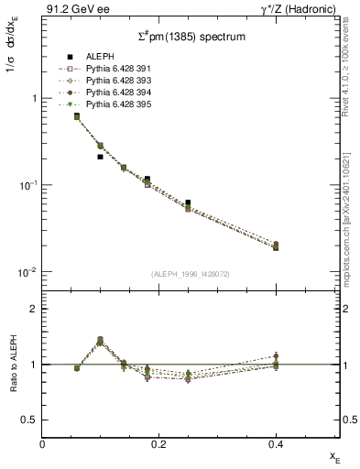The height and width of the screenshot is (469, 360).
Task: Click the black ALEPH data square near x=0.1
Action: point(101,157)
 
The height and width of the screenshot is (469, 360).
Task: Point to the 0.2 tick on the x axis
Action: point(158,444)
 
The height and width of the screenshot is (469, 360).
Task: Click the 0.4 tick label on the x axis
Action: point(275,444)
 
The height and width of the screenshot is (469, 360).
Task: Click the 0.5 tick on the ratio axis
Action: point(30,420)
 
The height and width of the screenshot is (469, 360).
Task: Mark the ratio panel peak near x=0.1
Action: point(100,340)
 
